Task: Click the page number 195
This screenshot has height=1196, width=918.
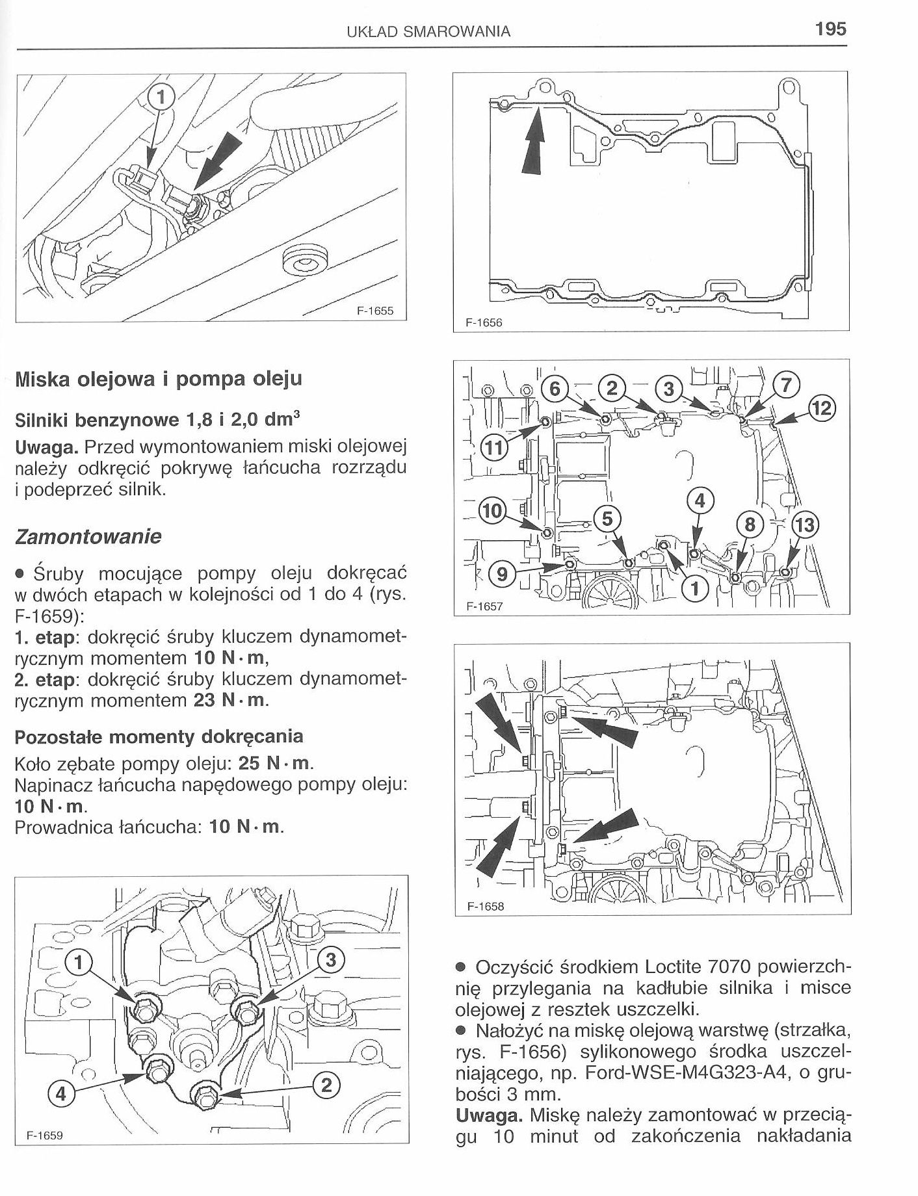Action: click(x=829, y=29)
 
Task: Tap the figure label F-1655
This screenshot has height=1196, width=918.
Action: click(x=375, y=311)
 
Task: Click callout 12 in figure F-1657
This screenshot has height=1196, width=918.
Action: click(x=820, y=409)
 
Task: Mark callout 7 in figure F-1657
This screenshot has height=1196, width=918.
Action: click(x=785, y=385)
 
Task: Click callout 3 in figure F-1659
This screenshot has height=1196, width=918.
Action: click(x=329, y=960)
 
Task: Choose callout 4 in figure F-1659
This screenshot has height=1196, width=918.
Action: click(x=61, y=1094)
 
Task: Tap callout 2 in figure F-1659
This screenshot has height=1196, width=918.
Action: click(x=326, y=1084)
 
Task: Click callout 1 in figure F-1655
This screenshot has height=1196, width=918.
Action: click(x=162, y=97)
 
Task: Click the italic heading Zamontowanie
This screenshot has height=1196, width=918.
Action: click(x=88, y=537)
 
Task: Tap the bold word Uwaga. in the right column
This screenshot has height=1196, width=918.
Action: click(x=490, y=1115)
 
